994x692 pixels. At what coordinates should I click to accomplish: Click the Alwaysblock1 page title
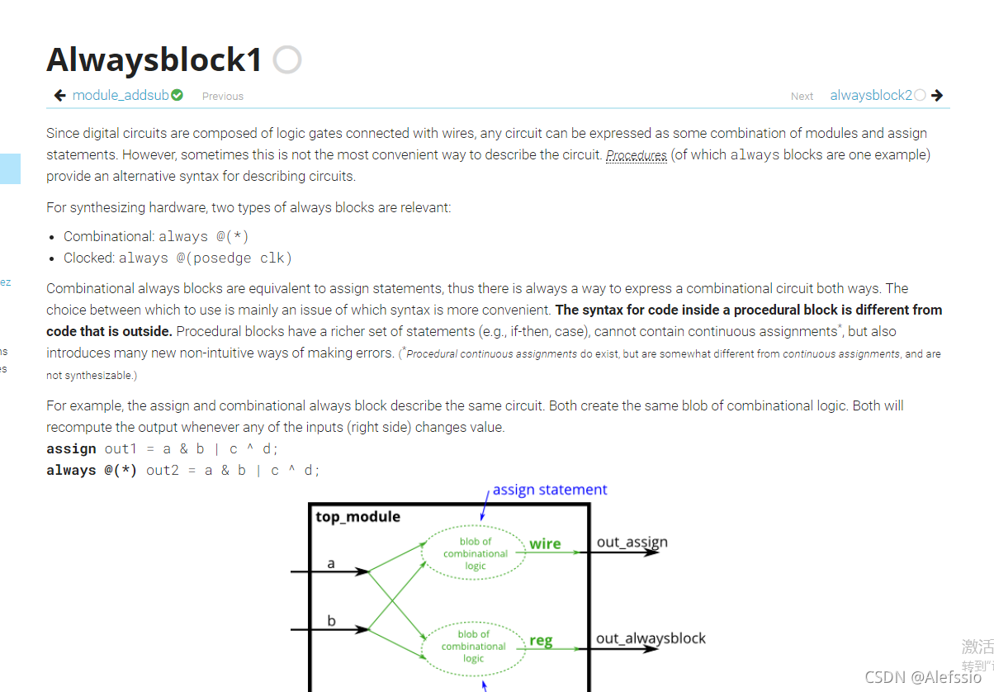click(x=154, y=59)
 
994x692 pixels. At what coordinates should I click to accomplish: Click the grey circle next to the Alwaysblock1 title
click(x=287, y=59)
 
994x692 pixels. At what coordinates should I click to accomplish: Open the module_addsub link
click(x=121, y=96)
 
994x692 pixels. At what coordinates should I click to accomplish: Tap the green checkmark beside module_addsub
click(x=177, y=96)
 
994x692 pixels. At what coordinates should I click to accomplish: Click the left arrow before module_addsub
click(x=60, y=96)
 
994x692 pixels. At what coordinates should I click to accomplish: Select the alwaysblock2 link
click(x=871, y=96)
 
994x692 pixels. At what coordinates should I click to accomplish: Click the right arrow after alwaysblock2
click(x=937, y=96)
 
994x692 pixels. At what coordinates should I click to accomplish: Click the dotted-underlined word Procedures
click(x=637, y=155)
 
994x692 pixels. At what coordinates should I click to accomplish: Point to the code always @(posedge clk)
click(x=206, y=258)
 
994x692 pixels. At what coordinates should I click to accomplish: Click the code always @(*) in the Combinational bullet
click(x=204, y=237)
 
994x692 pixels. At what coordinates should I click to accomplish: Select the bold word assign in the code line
click(x=72, y=448)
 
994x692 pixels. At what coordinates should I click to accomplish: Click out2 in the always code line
click(x=163, y=470)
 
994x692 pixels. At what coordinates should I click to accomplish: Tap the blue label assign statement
click(x=550, y=490)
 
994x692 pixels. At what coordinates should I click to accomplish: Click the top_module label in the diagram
click(x=358, y=517)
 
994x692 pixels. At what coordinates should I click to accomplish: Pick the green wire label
click(x=545, y=544)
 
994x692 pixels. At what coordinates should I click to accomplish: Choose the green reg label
click(x=541, y=641)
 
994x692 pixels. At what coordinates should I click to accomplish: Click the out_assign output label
click(x=632, y=543)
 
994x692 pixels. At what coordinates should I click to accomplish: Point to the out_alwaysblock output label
click(x=651, y=638)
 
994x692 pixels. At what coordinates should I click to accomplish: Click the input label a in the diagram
click(x=331, y=564)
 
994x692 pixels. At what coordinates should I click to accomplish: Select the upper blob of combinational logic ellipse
click(x=475, y=554)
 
